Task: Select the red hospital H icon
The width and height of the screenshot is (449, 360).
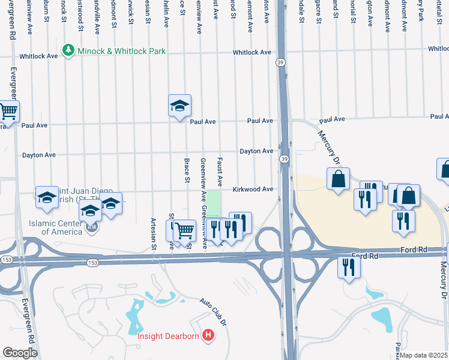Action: pyautogui.click(x=208, y=335)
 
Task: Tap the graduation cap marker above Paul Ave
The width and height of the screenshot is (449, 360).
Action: pyautogui.click(x=179, y=106)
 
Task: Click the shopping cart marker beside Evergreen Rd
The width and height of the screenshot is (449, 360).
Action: pyautogui.click(x=8, y=111)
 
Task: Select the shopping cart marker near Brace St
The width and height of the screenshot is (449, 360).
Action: pyautogui.click(x=185, y=230)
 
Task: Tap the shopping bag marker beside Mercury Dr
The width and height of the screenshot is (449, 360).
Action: pyautogui.click(x=339, y=179)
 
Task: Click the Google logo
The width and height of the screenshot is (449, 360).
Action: pyautogui.click(x=20, y=353)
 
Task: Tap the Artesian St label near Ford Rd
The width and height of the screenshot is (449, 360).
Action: pyautogui.click(x=154, y=233)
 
